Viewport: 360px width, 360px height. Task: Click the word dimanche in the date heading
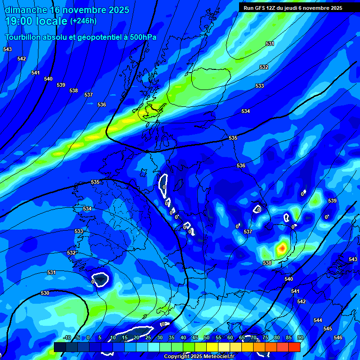[25, 10]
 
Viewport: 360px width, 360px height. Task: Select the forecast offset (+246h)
[83, 21]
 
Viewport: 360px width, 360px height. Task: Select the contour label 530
[45, 293]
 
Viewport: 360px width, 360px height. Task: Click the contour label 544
[318, 320]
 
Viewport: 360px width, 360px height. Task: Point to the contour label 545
[328, 329]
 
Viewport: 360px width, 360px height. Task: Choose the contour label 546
[338, 337]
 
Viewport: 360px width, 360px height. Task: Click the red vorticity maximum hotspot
[282, 247]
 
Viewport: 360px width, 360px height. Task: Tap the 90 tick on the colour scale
[300, 338]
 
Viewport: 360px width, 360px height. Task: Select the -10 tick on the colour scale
[67, 338]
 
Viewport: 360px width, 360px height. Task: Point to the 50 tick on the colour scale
[207, 338]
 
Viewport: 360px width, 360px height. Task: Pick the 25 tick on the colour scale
[148, 338]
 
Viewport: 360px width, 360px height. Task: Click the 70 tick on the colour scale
[254, 338]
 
